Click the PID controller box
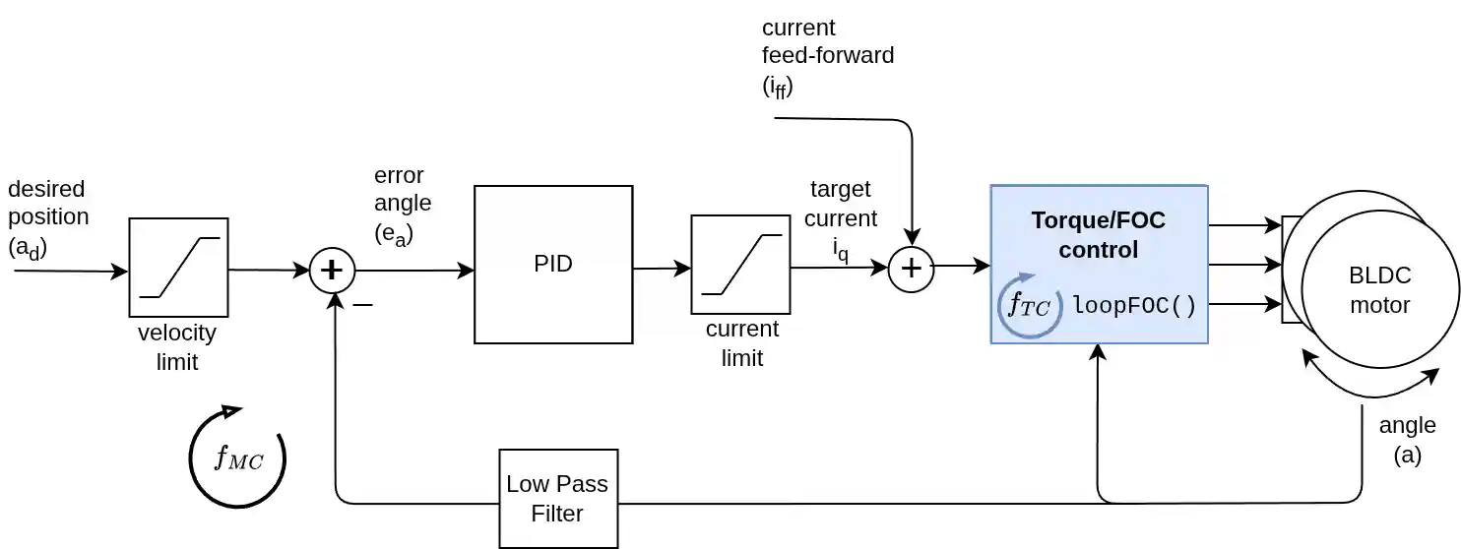[552, 264]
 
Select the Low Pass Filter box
[558, 498]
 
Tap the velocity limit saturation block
[178, 268]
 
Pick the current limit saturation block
[740, 264]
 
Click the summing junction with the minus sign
[332, 271]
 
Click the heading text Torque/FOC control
[1098, 235]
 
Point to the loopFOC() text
[1134, 306]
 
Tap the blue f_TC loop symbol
[1029, 306]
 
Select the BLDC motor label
[1379, 289]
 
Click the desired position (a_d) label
[47, 218]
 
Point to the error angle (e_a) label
[403, 204]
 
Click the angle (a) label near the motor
[1407, 439]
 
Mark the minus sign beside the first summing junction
[362, 305]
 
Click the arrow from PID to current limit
[662, 269]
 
